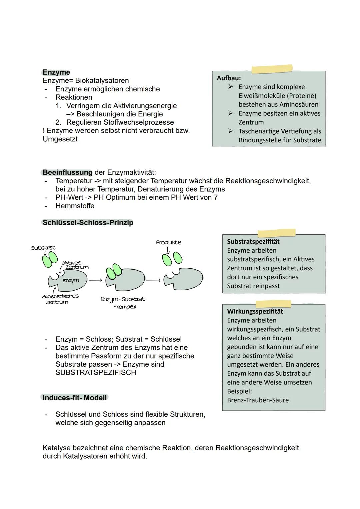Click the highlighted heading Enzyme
pos(56,72)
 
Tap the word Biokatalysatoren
pos(102,81)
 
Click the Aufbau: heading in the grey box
pos(229,78)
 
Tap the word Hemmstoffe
pos(75,206)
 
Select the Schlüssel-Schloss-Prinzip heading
pos(88,223)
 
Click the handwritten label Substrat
pos(43,248)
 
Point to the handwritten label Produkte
pos(168,242)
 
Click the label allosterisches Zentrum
pos(60,299)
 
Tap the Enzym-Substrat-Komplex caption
pos(123,303)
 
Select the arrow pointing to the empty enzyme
pos(153,280)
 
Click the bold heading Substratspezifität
pos(253,242)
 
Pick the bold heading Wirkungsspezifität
pos(255,311)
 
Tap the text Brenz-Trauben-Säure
pos(258,400)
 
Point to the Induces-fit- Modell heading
pos(75,398)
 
